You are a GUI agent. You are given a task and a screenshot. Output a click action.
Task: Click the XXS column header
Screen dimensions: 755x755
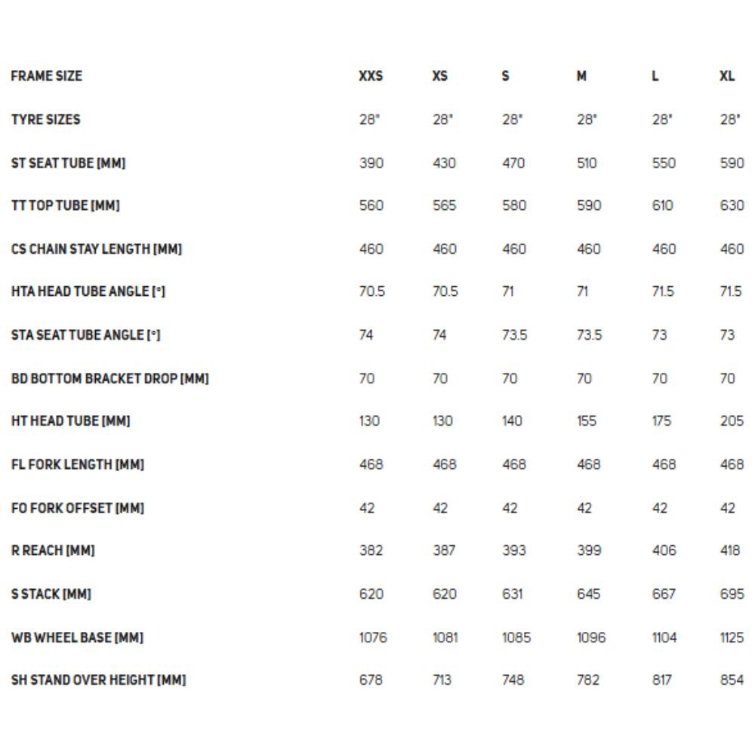click(371, 76)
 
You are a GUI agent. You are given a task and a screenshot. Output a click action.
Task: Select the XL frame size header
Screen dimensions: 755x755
click(727, 76)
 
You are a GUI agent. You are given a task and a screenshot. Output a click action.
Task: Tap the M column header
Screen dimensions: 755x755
click(581, 76)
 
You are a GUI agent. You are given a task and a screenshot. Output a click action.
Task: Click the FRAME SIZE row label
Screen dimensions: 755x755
click(47, 76)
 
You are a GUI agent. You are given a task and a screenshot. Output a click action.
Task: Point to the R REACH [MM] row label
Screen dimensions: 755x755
click(53, 551)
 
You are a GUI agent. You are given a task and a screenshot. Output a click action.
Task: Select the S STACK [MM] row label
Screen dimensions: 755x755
click(51, 594)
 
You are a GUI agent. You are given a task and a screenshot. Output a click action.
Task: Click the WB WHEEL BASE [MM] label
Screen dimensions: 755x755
click(77, 638)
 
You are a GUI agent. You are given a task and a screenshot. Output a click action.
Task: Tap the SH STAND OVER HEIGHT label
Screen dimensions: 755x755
click(98, 680)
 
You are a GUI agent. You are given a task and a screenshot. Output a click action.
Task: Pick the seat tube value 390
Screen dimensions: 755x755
click(371, 163)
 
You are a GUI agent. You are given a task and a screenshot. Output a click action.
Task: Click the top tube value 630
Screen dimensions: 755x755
click(732, 206)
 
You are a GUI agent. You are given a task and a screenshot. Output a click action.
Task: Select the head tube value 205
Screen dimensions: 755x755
click(732, 421)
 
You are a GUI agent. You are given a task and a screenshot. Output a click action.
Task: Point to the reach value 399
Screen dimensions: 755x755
click(589, 551)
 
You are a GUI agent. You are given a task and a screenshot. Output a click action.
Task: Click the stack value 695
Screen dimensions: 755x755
click(732, 594)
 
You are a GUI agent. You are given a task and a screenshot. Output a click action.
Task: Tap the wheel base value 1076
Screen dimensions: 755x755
click(373, 638)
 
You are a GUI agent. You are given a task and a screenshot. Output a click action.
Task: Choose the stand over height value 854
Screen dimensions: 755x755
click(732, 680)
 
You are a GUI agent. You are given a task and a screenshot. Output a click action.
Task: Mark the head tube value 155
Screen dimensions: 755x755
click(587, 421)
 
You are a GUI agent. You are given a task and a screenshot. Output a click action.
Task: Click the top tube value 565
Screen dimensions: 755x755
click(444, 206)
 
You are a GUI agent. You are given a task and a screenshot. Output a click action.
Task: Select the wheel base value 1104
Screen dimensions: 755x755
click(664, 638)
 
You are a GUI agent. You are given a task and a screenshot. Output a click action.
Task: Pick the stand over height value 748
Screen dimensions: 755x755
click(513, 680)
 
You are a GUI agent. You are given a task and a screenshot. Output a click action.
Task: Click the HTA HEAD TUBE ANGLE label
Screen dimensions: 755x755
click(88, 292)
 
